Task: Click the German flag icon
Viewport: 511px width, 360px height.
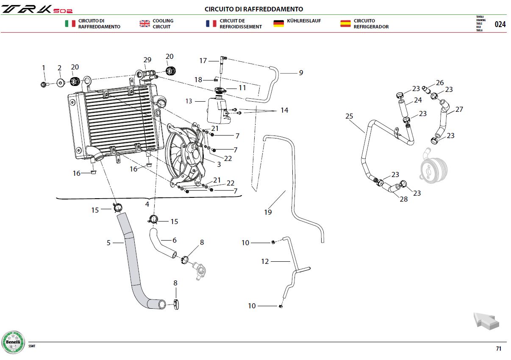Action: (278, 23)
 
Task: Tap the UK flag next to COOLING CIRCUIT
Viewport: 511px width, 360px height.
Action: (145, 23)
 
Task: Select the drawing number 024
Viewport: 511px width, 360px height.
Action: (500, 24)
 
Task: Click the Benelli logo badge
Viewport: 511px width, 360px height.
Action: (13, 342)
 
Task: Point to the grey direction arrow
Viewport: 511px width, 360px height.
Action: (486, 321)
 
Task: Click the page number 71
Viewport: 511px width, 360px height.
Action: (499, 349)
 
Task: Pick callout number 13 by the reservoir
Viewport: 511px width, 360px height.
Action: (189, 101)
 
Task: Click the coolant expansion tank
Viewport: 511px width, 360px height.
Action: (218, 110)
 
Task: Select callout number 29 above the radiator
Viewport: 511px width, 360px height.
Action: (147, 60)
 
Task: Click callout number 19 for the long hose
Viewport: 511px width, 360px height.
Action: (268, 212)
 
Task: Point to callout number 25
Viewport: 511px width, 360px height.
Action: (349, 116)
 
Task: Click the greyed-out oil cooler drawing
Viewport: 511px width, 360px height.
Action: (433, 166)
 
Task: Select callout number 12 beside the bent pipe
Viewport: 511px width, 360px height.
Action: (265, 261)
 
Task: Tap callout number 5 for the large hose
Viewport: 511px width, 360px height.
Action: (108, 243)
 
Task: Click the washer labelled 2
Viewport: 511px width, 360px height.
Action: (61, 83)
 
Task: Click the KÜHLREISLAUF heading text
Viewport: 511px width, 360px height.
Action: (304, 21)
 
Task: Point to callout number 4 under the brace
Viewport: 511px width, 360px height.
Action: (147, 204)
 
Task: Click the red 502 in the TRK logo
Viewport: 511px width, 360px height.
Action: (63, 11)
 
